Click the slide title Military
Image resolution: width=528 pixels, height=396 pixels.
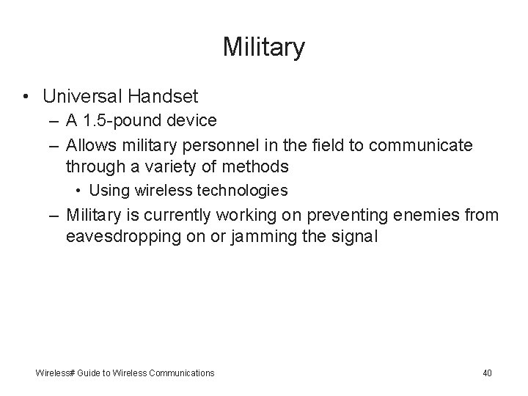coord(264,48)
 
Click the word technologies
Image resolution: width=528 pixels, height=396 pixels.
coord(243,191)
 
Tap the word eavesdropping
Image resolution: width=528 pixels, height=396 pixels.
coord(120,238)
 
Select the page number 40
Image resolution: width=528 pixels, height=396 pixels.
coord(487,373)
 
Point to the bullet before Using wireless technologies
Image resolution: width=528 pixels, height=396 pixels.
coord(78,191)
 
